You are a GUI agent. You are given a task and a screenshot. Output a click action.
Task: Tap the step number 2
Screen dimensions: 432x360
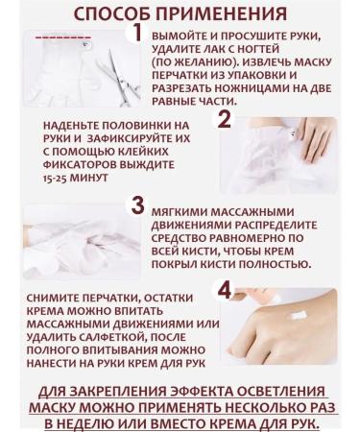pos(225,120)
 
